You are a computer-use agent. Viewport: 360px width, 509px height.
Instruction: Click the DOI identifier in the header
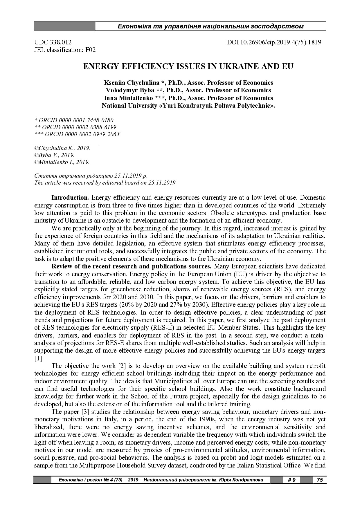274,42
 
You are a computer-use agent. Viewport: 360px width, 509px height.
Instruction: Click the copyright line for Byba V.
54,155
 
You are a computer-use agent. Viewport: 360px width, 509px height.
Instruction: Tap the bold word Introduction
70,198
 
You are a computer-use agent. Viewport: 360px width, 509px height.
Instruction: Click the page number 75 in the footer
320,480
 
